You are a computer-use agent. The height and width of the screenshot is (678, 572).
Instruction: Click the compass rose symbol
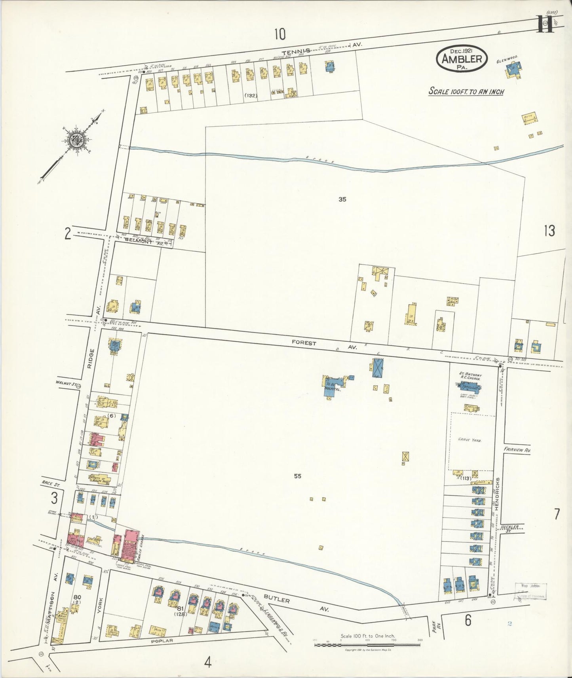tap(75, 139)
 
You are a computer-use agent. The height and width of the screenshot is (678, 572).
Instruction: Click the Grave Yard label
tap(469, 439)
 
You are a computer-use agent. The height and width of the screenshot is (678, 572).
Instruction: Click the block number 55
tap(298, 476)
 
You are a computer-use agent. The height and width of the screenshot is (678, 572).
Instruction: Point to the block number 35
tap(342, 199)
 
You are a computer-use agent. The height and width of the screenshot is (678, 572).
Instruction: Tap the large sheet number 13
tap(549, 231)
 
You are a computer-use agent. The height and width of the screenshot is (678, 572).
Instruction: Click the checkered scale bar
tap(367, 645)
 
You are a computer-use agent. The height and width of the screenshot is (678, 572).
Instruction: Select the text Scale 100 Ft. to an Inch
tap(466, 91)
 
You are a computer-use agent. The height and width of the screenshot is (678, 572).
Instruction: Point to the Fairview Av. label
tap(517, 450)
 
